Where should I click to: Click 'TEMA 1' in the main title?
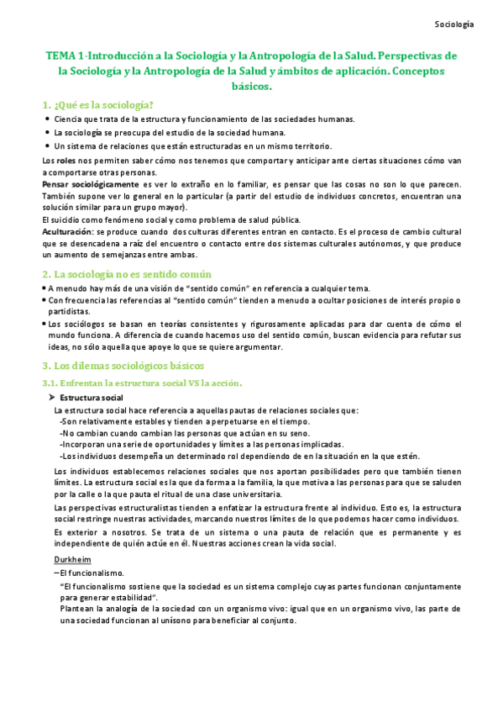tap(65, 55)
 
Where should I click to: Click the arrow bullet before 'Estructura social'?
tap(51, 397)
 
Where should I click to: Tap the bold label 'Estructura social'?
tap(92, 397)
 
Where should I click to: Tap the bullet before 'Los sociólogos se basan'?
tap(44, 324)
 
